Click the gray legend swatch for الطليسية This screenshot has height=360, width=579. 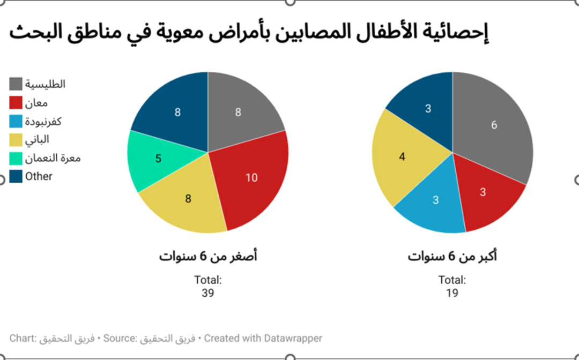coord(16,84)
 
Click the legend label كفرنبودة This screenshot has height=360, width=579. coord(43,121)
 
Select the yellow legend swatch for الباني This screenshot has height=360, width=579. coord(16,140)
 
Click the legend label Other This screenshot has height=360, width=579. coord(39,176)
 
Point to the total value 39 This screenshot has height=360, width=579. coord(207,293)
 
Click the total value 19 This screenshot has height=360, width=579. coord(452,293)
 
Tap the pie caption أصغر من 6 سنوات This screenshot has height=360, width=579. coord(208,257)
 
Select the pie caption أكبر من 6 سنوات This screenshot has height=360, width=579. coord(452,257)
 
